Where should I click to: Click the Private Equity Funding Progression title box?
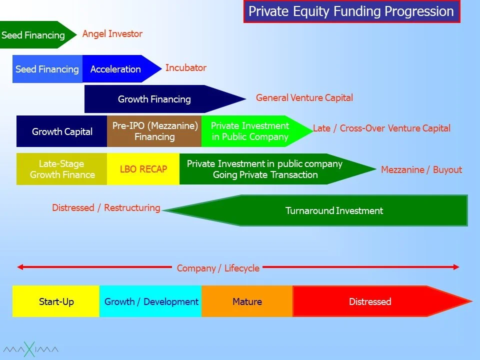tap(351, 11)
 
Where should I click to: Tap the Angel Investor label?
tap(112, 33)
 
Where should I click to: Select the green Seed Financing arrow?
tap(37, 34)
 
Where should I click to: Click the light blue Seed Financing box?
tap(47, 69)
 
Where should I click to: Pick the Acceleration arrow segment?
tap(122, 69)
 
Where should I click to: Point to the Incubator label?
tap(186, 67)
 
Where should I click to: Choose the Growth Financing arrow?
tap(165, 99)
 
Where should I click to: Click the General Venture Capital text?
tap(304, 97)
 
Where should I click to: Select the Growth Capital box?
tap(62, 131)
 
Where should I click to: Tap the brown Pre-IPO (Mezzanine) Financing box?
tap(154, 131)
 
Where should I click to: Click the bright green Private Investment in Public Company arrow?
tap(257, 131)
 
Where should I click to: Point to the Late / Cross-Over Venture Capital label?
tap(381, 128)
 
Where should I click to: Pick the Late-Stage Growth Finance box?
tap(62, 169)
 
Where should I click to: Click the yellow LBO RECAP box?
tap(143, 169)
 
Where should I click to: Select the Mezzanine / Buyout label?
tap(421, 169)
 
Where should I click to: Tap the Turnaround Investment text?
tap(334, 210)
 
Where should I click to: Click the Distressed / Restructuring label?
tap(106, 207)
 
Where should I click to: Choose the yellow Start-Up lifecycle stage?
tap(56, 301)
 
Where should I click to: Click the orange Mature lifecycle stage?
tap(247, 301)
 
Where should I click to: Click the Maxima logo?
tap(30, 349)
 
